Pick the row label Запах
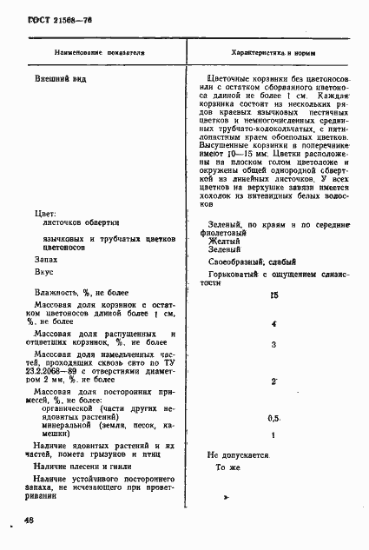click(47, 260)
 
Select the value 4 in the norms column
click(273, 324)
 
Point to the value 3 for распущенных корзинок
click(273, 345)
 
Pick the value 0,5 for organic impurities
click(274, 418)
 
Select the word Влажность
click(59, 293)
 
